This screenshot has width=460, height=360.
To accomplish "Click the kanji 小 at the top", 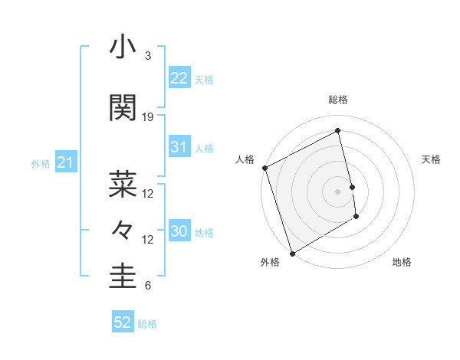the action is (123, 47).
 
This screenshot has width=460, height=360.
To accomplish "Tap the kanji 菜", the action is (123, 182).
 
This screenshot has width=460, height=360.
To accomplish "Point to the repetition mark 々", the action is (123, 229).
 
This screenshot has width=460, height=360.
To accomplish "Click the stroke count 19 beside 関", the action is (148, 117).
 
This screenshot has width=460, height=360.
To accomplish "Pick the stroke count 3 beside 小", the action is (148, 56).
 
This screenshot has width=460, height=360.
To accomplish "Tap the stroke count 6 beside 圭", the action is (148, 286).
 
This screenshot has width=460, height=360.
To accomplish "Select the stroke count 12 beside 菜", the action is (148, 193).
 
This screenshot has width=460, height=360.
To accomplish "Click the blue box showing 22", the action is (179, 78).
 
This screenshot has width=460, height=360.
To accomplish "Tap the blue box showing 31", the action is (179, 147).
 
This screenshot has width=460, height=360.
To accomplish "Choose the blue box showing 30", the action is (179, 232).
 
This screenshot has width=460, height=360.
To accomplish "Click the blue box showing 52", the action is (123, 322).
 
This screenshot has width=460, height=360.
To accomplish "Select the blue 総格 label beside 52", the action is (147, 324).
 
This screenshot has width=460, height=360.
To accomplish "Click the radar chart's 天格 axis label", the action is (431, 159).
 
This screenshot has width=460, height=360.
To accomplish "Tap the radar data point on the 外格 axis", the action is (291, 253).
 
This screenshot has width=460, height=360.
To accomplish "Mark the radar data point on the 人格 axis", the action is (264, 168).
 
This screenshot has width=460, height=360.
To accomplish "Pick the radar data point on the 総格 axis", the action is (337, 131).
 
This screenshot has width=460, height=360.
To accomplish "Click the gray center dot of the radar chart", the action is (337, 191).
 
